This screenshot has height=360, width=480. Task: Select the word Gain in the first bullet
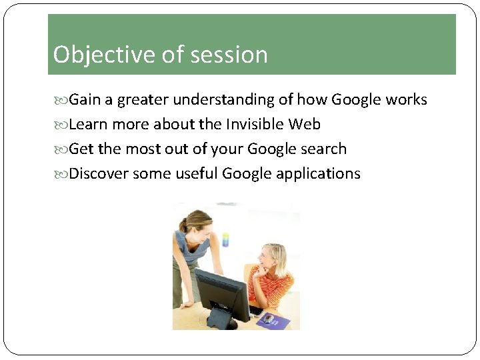tap(84, 100)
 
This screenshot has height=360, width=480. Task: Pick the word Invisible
tap(255, 125)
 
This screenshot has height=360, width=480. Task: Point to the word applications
tap(318, 174)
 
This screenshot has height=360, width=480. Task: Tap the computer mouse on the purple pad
tap(267, 319)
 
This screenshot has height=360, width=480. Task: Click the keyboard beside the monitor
tap(255, 309)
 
